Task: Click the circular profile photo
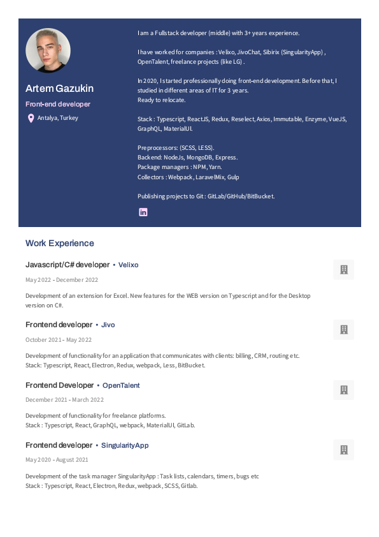point(48,50)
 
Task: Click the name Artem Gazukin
point(60,88)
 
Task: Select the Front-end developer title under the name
point(58,104)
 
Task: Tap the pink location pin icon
point(31,118)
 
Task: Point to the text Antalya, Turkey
point(58,118)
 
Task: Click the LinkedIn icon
point(143,212)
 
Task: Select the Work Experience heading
point(60,243)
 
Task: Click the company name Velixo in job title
point(128,265)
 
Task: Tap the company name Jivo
point(108,325)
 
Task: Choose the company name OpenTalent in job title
point(121,385)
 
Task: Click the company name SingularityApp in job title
point(125,445)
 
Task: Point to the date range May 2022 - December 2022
point(62,280)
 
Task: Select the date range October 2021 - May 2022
point(59,340)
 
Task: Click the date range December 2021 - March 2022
point(64,400)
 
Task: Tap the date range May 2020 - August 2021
point(57,460)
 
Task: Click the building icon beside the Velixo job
point(344,270)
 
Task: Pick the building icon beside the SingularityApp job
point(344,450)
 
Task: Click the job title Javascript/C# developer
point(68,265)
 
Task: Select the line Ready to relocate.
point(162,100)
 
